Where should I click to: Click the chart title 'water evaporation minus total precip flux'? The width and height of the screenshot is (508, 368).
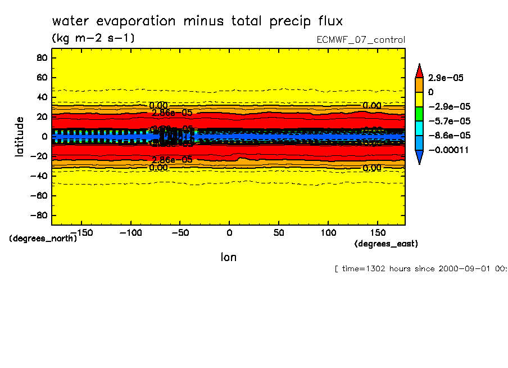[x=197, y=21]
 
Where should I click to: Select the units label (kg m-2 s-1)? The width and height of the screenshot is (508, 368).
[x=93, y=38]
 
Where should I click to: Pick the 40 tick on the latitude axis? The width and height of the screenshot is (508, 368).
[x=41, y=97]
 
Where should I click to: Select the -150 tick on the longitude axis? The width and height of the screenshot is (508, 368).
[x=81, y=232]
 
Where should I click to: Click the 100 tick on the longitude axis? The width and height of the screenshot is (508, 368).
[x=329, y=232]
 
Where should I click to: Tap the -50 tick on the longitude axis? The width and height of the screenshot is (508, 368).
[x=180, y=232]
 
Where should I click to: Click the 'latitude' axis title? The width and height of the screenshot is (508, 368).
[x=20, y=136]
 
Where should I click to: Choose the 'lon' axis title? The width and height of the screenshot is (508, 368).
[x=228, y=257]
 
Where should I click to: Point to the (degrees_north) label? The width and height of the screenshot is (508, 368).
[x=43, y=239]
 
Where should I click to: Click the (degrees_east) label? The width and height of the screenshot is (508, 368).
[x=386, y=244]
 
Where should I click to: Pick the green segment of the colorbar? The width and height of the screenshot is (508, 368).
[x=419, y=114]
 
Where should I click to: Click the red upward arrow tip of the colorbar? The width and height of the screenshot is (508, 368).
[x=419, y=70]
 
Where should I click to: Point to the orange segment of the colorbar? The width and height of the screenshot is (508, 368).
[x=419, y=84]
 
